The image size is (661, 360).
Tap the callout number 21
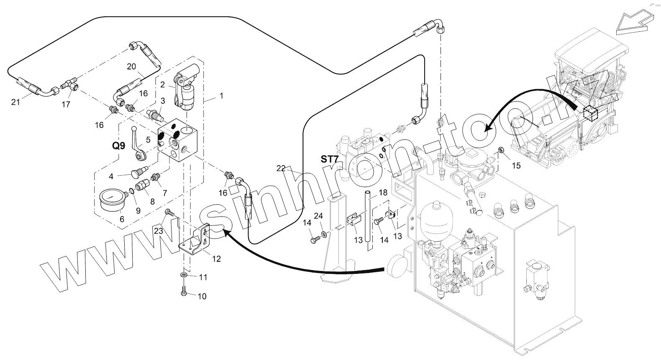pos(15,102)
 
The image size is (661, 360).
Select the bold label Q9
pos(118,146)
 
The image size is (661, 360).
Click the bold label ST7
pos(330,160)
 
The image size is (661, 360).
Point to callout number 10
pos(202,296)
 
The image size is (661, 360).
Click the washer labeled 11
pos(184,276)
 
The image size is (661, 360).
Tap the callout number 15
pos(516,166)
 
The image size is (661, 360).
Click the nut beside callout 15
pos(500,150)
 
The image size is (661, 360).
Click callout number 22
pos(281,168)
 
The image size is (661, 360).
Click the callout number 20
pos(131,66)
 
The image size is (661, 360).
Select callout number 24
pos(318,216)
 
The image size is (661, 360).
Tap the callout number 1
pos(221,96)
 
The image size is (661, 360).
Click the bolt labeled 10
pos(184,291)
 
